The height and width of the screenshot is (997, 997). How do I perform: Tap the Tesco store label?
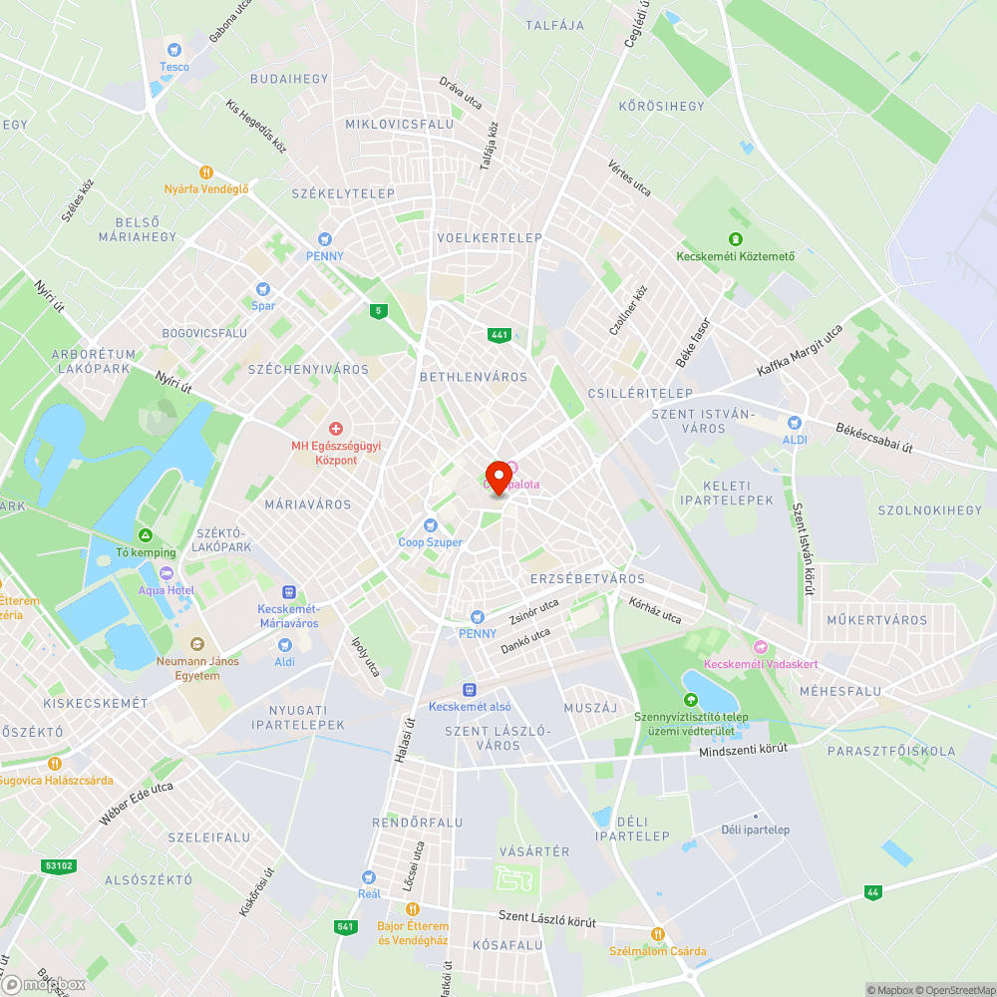pyautogui.click(x=174, y=66)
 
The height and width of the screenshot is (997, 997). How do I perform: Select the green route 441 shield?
pyautogui.click(x=498, y=335)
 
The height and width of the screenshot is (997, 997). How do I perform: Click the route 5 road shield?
pyautogui.click(x=377, y=311)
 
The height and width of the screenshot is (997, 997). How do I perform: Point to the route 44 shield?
pyautogui.click(x=873, y=892)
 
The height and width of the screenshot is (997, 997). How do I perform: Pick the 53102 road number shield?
pyautogui.click(x=59, y=865)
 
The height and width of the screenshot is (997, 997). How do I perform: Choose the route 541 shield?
pyautogui.click(x=346, y=927)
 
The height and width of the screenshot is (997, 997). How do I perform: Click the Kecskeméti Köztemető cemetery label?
pyautogui.click(x=736, y=255)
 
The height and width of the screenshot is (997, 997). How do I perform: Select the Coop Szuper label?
pyautogui.click(x=431, y=541)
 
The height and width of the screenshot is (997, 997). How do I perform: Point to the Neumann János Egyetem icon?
pyautogui.click(x=196, y=645)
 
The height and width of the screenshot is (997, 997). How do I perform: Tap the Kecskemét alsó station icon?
pyautogui.click(x=470, y=690)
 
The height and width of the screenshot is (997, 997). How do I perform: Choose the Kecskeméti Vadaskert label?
pyautogui.click(x=761, y=664)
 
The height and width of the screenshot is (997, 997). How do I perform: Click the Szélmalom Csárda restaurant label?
pyautogui.click(x=657, y=950)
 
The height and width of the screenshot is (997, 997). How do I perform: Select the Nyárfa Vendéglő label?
pyautogui.click(x=206, y=188)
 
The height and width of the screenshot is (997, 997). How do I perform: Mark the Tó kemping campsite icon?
pyautogui.click(x=146, y=535)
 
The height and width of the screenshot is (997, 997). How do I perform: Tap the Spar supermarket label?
pyautogui.click(x=263, y=305)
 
